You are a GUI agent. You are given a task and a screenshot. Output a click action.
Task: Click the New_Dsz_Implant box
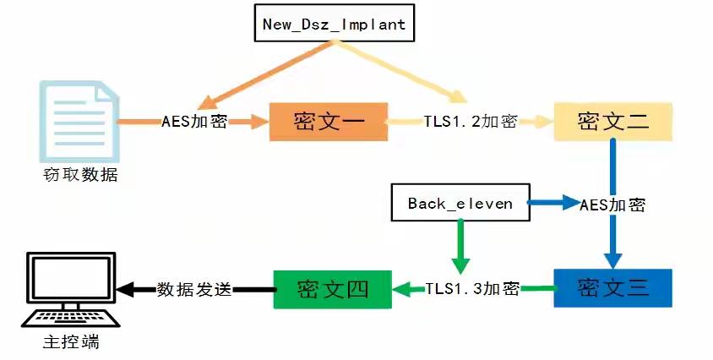335,23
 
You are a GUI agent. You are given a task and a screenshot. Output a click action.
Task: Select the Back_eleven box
460,203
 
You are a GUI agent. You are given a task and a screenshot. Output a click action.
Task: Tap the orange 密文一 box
329,122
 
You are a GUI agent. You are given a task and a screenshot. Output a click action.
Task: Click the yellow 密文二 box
613,122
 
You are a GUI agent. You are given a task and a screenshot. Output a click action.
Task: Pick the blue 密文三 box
613,288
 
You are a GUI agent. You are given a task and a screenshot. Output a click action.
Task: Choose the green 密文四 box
332,290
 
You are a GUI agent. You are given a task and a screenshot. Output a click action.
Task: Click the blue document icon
79,121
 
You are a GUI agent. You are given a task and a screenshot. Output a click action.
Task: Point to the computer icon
71,290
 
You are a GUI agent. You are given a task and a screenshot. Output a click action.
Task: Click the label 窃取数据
80,174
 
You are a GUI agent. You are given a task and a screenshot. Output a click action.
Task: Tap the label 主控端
72,341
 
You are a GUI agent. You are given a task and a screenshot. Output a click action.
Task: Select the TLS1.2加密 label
471,121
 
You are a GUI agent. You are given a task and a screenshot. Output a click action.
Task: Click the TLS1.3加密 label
472,288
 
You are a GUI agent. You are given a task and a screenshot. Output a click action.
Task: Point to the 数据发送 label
194,290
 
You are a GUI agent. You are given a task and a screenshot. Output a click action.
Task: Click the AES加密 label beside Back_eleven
612,205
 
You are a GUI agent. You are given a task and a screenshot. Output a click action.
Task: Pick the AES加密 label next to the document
194,122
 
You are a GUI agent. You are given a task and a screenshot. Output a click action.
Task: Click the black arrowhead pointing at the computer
125,290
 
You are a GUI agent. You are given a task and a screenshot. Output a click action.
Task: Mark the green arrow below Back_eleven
460,247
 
